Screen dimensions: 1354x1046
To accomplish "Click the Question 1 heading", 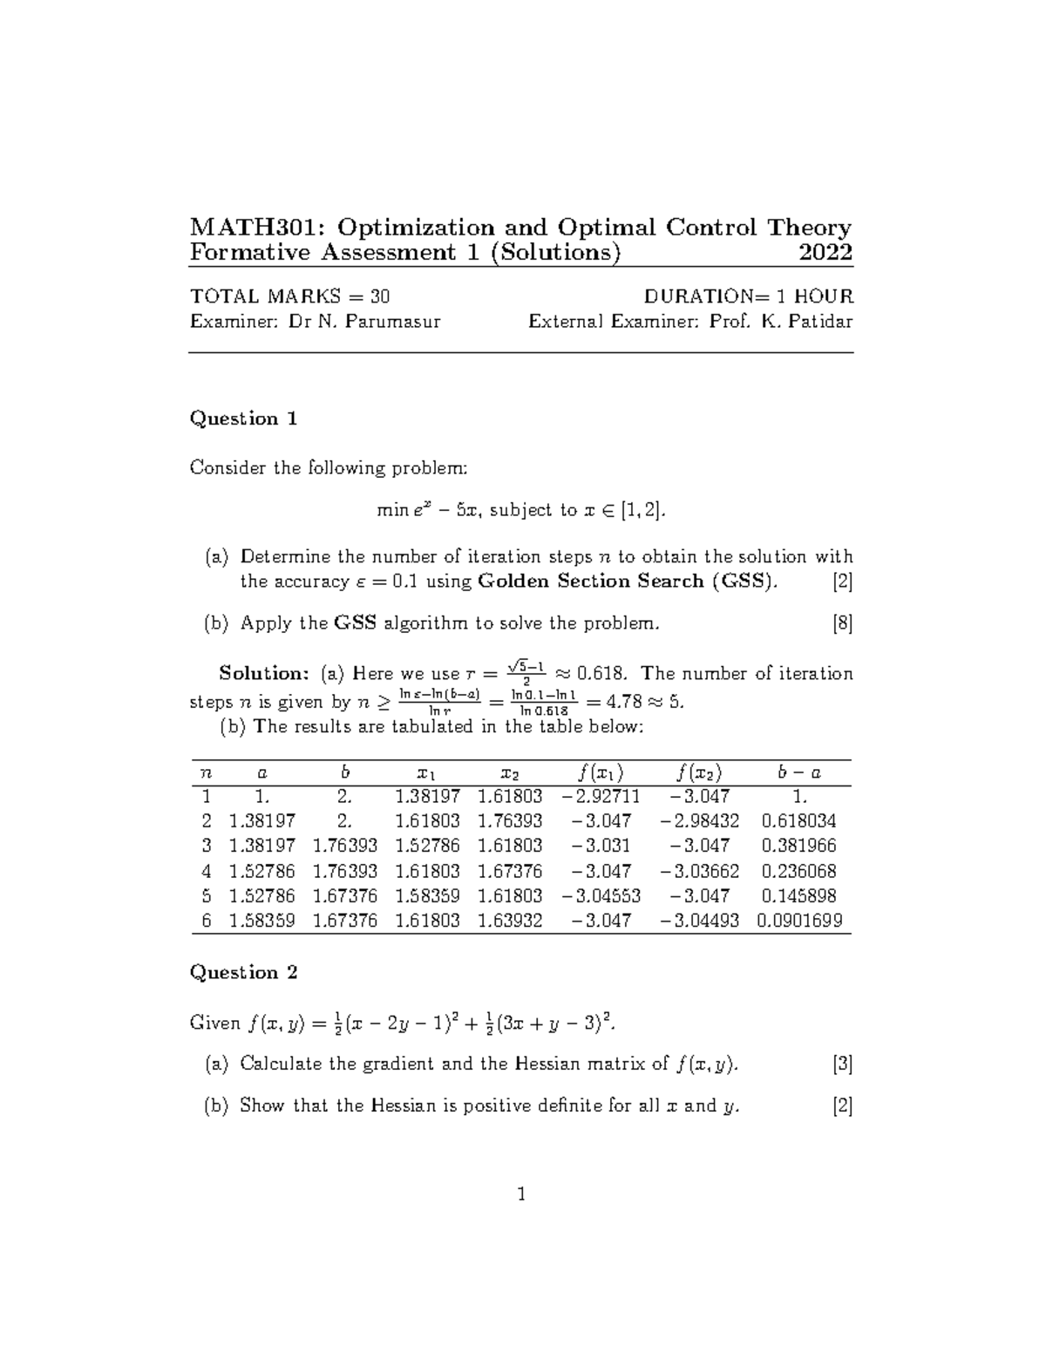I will tap(243, 418).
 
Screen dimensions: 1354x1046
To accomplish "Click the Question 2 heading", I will tap(243, 972).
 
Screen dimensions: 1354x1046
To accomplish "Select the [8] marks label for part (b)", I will tap(842, 623).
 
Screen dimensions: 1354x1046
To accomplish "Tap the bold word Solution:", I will tap(264, 673).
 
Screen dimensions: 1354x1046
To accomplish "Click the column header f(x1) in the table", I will tap(600, 772).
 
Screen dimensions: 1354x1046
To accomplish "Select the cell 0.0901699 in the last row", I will tap(799, 920).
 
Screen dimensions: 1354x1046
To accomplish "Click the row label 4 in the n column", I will tap(206, 871).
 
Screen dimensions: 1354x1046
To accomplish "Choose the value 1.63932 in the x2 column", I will tap(510, 920).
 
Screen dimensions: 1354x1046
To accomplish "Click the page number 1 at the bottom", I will tap(521, 1194).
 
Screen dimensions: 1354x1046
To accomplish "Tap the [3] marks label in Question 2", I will tap(842, 1064).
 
